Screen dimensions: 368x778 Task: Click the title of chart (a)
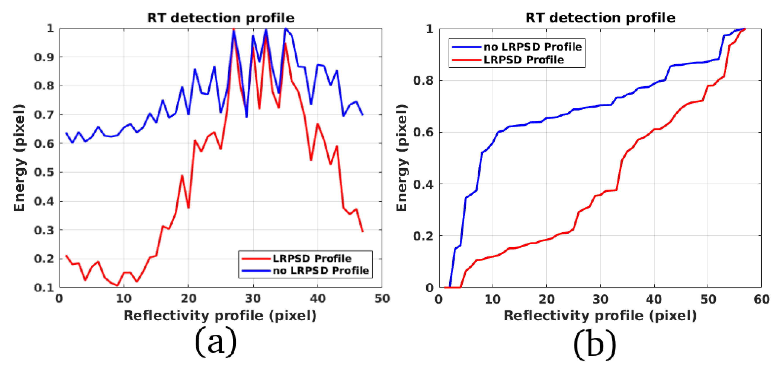point(221,18)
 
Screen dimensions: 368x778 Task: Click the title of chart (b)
point(600,18)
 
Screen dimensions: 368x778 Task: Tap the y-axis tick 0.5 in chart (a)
point(44,172)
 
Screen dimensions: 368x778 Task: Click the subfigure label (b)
point(594,344)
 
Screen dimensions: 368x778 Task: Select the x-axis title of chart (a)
point(220,316)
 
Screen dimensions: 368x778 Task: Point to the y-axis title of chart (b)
point(402,158)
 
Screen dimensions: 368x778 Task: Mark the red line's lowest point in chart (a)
point(117,285)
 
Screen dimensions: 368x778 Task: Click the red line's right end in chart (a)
point(362,231)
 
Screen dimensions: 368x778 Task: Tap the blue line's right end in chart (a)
point(362,115)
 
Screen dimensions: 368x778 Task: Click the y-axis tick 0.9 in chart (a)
point(44,57)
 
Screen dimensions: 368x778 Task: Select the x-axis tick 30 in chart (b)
point(600,299)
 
